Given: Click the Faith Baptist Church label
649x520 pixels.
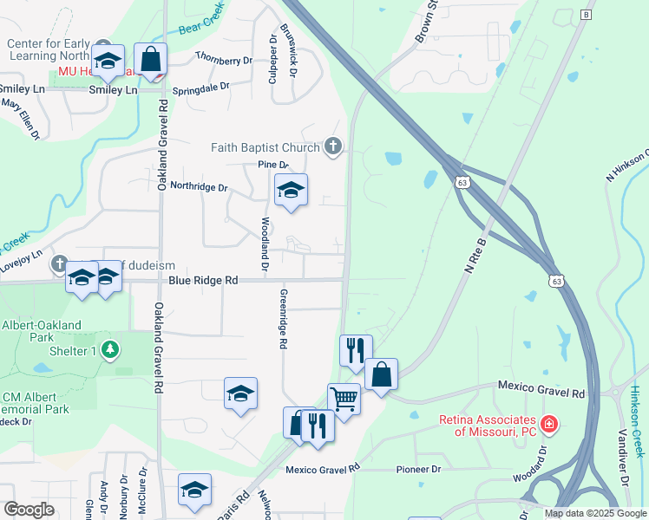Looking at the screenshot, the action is click(265, 146).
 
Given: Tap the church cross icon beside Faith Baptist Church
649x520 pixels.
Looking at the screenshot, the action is click(332, 146).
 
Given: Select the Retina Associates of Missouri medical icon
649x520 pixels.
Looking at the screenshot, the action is click(548, 424).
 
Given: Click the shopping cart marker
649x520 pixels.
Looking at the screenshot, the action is click(344, 400).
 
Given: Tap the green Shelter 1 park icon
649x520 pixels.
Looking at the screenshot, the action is click(109, 350).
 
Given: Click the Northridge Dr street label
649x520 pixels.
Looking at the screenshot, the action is click(198, 186).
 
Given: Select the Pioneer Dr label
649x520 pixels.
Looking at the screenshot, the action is click(418, 469).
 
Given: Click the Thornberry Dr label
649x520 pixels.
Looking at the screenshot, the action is click(223, 60).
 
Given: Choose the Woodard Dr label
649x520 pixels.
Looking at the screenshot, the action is click(541, 465).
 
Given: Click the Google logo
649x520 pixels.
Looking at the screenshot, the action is click(29, 510).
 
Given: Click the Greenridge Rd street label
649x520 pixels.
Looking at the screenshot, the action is click(282, 319).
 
